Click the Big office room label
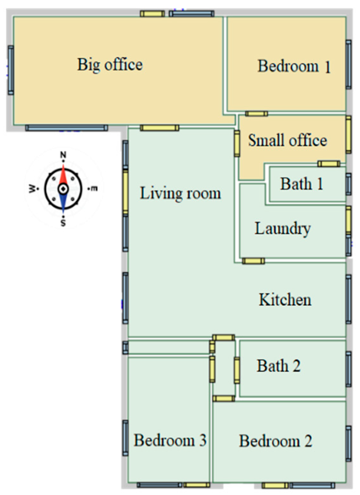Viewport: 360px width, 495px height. click(110, 64)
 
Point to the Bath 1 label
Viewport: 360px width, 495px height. click(302, 184)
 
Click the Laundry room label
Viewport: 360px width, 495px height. click(283, 229)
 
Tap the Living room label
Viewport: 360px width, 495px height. click(180, 193)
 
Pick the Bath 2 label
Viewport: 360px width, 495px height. click(278, 365)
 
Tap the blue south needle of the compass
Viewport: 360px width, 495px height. click(64, 202)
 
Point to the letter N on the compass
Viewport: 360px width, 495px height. click(64, 155)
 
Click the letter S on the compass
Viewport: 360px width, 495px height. click(64, 223)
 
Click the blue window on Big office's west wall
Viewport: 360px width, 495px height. click(11, 70)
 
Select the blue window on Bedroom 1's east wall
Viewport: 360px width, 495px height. click(349, 64)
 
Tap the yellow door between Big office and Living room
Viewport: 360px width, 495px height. click(160, 128)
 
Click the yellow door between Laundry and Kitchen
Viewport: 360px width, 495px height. click(253, 261)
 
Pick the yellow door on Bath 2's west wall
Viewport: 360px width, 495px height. click(237, 370)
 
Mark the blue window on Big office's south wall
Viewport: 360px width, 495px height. click(66, 128)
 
